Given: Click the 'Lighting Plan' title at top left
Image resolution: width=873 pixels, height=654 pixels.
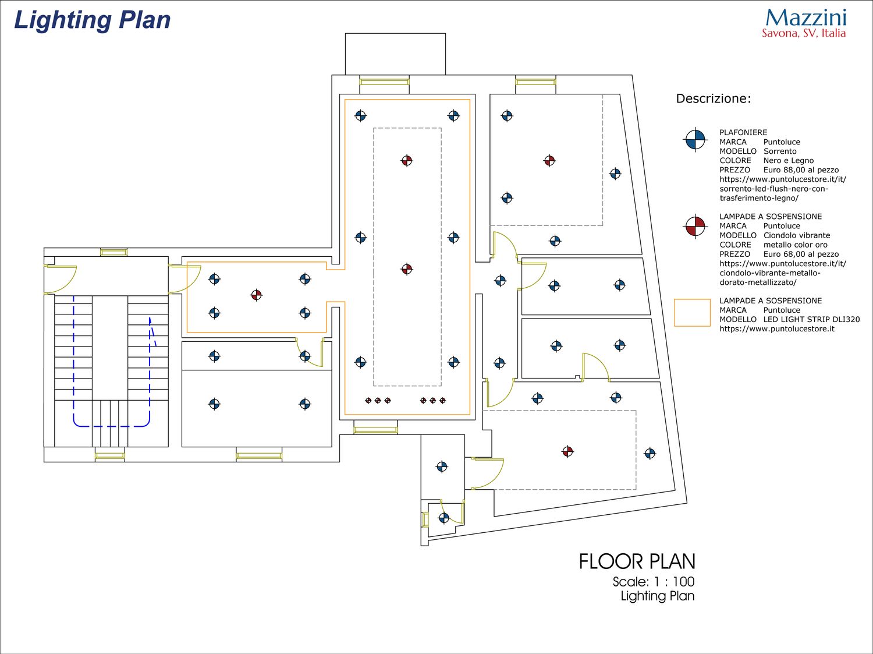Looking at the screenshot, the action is coord(93,20).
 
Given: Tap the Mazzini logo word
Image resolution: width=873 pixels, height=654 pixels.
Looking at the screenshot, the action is coord(806,18).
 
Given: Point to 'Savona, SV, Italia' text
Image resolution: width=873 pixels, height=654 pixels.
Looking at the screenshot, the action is coord(804,33).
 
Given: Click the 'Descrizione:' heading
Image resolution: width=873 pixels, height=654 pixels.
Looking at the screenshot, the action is coord(714,98).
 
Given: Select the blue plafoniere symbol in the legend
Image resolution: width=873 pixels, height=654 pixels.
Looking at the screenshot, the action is coord(695,140).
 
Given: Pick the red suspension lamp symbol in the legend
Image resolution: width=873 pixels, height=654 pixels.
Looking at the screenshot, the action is coord(695,227).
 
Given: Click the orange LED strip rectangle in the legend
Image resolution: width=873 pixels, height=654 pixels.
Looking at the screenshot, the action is coord(692,313).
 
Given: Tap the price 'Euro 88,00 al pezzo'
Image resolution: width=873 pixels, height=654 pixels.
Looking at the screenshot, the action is coord(801,170).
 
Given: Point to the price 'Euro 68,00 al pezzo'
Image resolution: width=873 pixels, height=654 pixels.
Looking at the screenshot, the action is coord(801,254).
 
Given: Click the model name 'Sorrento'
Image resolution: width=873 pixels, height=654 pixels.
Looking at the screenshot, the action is coord(780,151).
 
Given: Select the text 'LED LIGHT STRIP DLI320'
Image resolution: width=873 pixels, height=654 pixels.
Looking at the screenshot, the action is coord(811,320).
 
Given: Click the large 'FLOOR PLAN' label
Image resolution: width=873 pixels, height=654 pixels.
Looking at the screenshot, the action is coord(637,561).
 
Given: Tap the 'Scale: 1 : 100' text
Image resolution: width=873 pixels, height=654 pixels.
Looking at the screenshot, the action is coord(654,582).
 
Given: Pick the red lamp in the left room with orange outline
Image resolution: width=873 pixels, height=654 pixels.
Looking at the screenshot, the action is coord(257,295).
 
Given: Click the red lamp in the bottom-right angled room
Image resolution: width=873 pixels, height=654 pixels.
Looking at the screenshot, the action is coord(567,452).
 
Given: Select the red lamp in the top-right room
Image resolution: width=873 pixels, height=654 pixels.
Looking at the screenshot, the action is coord(549,161).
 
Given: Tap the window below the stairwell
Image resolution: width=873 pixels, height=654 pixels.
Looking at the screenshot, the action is coord(110,455).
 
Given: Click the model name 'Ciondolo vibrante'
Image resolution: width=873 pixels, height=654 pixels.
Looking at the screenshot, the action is coord(797,235).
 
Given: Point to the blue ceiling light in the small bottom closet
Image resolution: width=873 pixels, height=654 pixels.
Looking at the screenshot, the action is coord(444,518).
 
